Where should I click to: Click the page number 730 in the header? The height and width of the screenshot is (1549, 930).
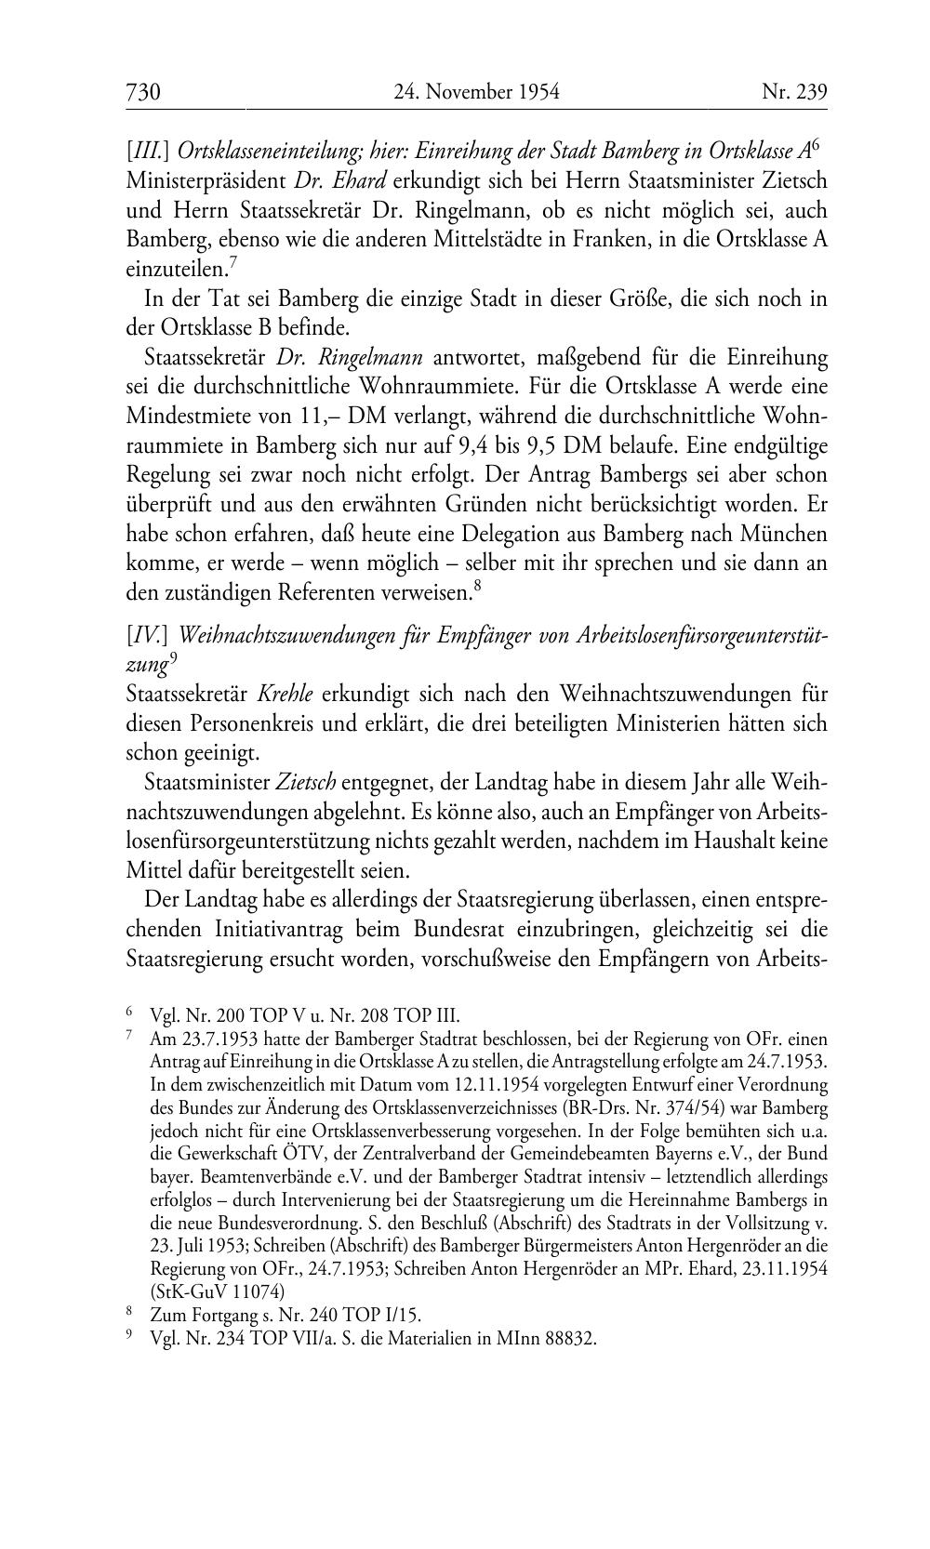(x=144, y=91)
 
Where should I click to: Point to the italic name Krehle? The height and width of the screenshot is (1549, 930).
(x=285, y=694)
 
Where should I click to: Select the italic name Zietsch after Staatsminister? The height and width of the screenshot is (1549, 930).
(x=306, y=784)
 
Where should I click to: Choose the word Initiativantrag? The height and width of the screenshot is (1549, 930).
(x=280, y=930)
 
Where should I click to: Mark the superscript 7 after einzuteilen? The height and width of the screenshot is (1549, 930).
(x=233, y=263)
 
